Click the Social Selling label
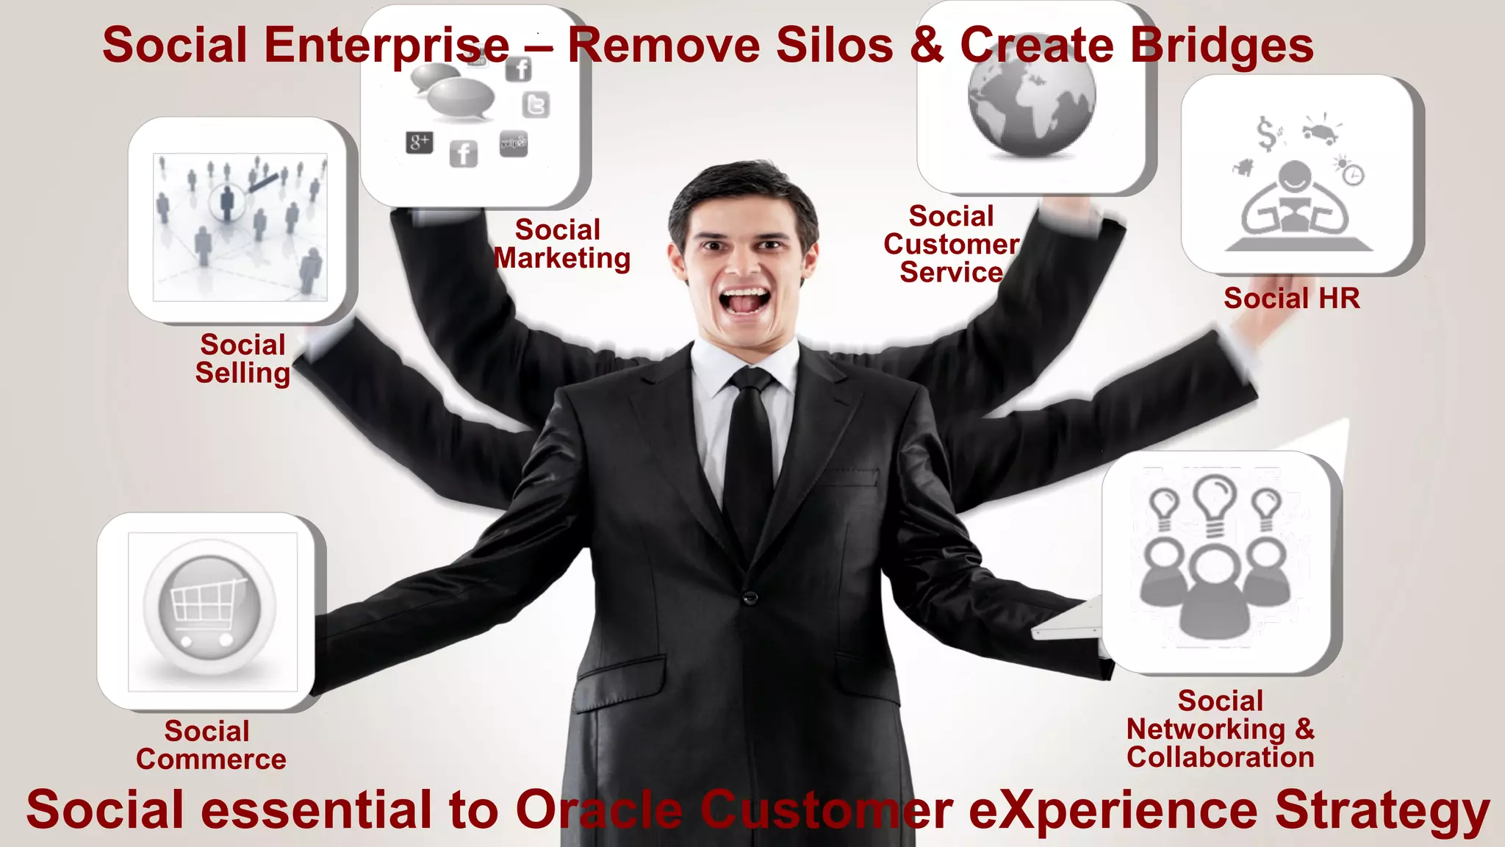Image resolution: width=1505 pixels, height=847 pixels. (x=243, y=359)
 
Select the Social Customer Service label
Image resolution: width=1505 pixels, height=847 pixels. (x=951, y=244)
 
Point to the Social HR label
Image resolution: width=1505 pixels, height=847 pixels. (x=1291, y=299)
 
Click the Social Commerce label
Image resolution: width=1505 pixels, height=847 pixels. (x=211, y=745)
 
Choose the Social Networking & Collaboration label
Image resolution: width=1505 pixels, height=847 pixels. (x=1220, y=729)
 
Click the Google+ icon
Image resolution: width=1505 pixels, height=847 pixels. (x=419, y=142)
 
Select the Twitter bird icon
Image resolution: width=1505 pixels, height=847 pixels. (x=536, y=105)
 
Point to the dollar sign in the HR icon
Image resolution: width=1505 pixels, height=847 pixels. (x=1266, y=133)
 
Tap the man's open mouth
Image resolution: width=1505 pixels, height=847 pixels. (x=744, y=300)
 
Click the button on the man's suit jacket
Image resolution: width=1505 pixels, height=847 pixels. (x=750, y=597)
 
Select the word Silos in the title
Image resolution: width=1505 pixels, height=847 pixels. (x=835, y=46)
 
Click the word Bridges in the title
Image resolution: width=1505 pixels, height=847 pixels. (x=1221, y=46)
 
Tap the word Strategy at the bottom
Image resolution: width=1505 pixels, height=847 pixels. (x=1382, y=810)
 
